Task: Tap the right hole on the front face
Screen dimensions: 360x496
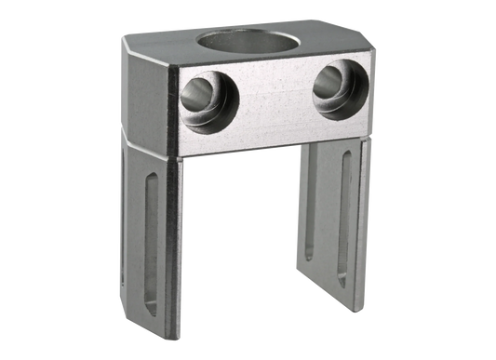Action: [x=332, y=90]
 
